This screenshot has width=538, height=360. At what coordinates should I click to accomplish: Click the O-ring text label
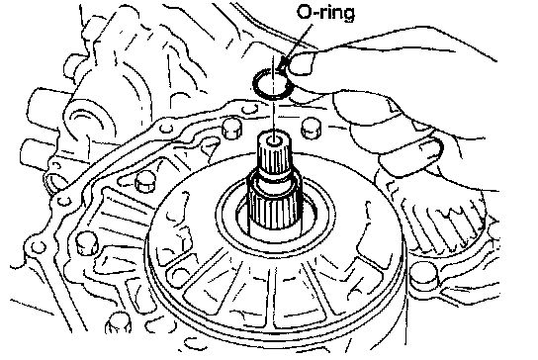(x=325, y=13)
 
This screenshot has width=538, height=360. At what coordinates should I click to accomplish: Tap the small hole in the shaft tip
(x=274, y=140)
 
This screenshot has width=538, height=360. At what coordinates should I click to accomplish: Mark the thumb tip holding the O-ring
(x=301, y=63)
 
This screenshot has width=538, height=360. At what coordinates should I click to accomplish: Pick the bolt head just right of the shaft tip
(x=312, y=128)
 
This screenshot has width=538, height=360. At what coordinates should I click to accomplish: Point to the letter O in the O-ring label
(x=304, y=13)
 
